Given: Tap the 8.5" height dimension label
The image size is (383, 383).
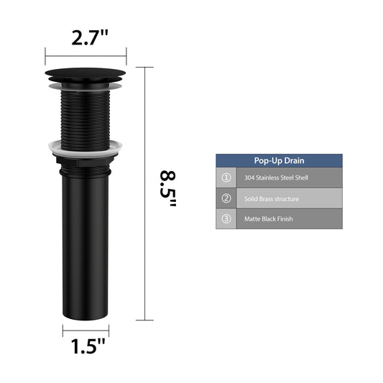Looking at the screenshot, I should (x=168, y=189).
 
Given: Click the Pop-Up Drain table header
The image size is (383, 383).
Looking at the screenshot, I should (x=279, y=161).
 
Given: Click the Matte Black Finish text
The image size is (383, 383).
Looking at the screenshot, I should (x=269, y=218).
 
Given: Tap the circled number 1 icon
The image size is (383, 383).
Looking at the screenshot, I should (x=226, y=177).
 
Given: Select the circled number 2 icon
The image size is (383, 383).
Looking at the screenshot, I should (x=226, y=198).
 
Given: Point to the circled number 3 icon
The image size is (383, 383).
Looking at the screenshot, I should (x=226, y=218).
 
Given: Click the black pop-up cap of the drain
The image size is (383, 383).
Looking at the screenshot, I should (x=86, y=75).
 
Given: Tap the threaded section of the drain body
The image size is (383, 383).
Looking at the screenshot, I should (x=86, y=115).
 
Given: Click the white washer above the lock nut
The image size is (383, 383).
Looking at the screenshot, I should (x=86, y=147).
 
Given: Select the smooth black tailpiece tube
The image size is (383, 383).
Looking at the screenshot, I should (x=86, y=244).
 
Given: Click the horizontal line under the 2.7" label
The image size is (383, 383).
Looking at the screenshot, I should (x=86, y=56).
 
